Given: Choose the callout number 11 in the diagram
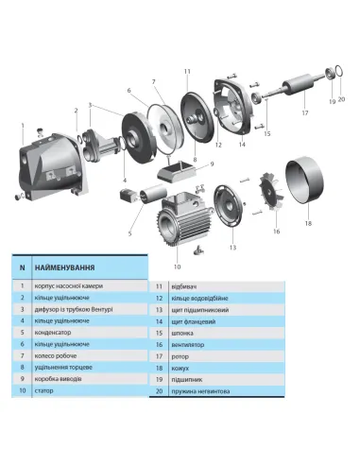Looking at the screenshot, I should (x=187, y=72).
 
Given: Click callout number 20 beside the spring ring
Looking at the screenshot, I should (x=343, y=99).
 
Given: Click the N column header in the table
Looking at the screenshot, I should (x=22, y=267).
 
